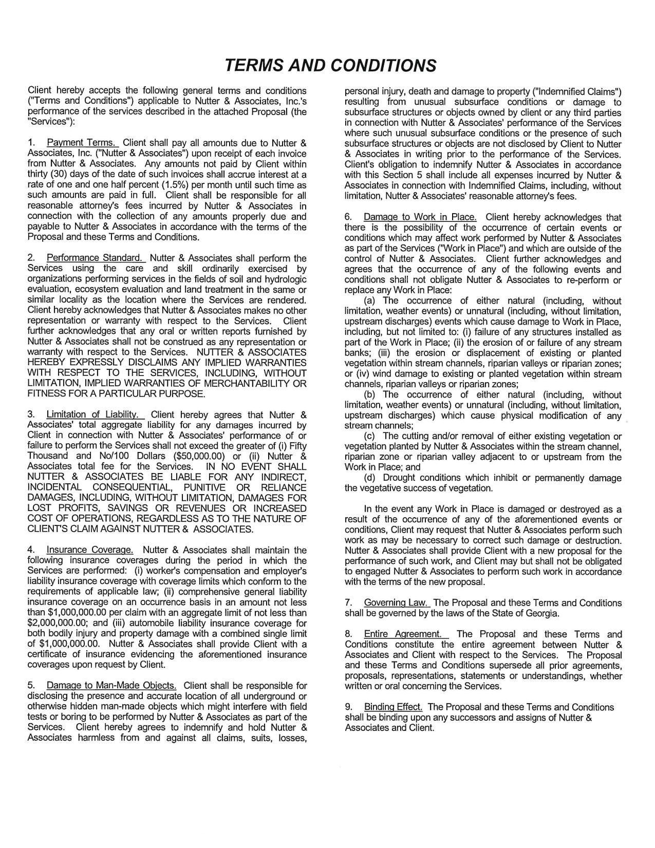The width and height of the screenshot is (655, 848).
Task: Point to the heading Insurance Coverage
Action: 90,550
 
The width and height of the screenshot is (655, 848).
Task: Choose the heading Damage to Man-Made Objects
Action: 111,685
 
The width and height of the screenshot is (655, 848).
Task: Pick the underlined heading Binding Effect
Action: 393,707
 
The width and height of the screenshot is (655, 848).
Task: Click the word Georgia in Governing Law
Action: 541,613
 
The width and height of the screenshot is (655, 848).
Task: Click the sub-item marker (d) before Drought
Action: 370,478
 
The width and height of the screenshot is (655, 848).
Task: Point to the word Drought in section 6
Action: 403,478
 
